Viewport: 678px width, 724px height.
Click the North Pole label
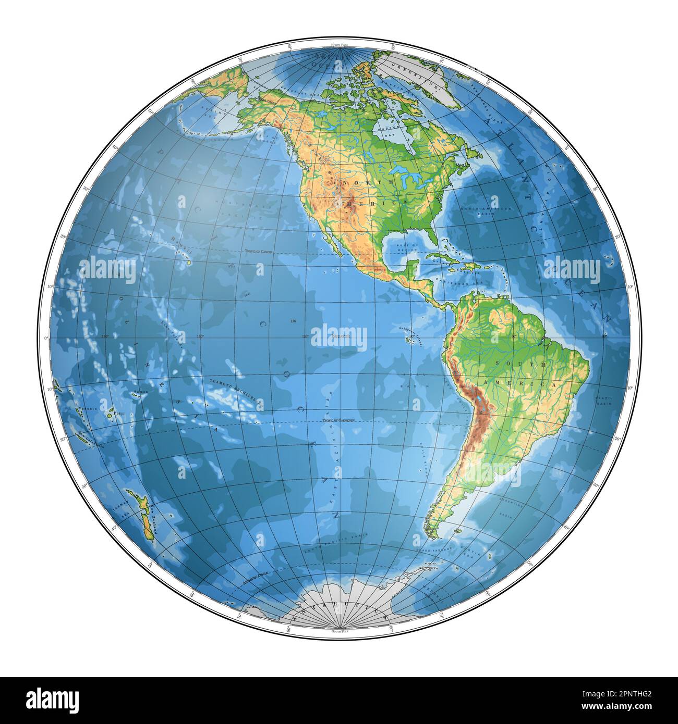coord(339,46)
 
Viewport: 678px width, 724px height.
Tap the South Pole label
coord(339,631)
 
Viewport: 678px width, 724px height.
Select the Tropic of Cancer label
coord(259,252)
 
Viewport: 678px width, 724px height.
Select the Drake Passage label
coord(429,550)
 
